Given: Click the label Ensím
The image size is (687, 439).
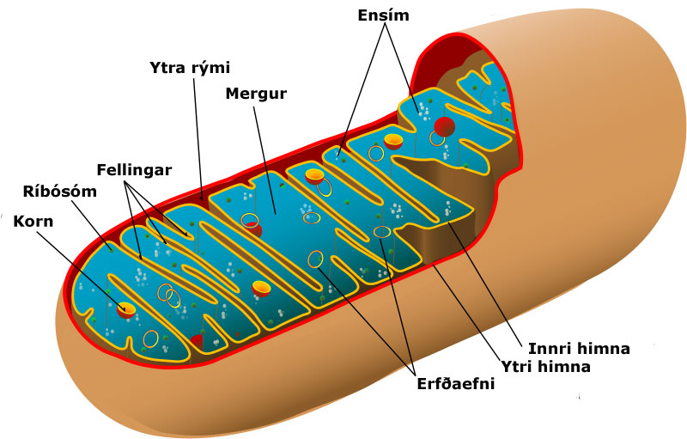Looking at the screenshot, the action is (x=383, y=15).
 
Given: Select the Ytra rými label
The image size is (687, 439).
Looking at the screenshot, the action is (x=190, y=68).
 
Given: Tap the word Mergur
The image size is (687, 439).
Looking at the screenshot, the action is (x=256, y=94).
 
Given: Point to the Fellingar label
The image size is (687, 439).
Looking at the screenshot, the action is (x=134, y=170).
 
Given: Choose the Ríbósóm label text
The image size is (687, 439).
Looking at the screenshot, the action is (x=60, y=192).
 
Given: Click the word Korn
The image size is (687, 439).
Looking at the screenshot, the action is (x=33, y=222).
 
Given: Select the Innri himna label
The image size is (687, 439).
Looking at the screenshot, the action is (x=579, y=349).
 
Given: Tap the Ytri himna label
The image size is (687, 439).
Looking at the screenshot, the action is (x=545, y=366).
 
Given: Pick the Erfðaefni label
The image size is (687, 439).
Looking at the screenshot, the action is (x=456, y=384).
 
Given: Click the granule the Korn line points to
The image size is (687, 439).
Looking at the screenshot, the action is (x=126, y=309).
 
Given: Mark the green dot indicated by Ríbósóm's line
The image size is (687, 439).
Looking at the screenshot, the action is (x=112, y=250).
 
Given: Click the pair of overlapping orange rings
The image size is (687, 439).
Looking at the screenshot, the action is (x=169, y=296).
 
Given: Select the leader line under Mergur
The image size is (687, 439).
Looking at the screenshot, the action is (x=264, y=160).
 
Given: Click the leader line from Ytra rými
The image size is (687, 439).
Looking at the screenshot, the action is (x=198, y=139).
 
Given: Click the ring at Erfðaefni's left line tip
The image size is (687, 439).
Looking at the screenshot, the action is (x=315, y=259).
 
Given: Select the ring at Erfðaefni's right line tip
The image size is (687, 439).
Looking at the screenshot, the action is (x=382, y=232).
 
